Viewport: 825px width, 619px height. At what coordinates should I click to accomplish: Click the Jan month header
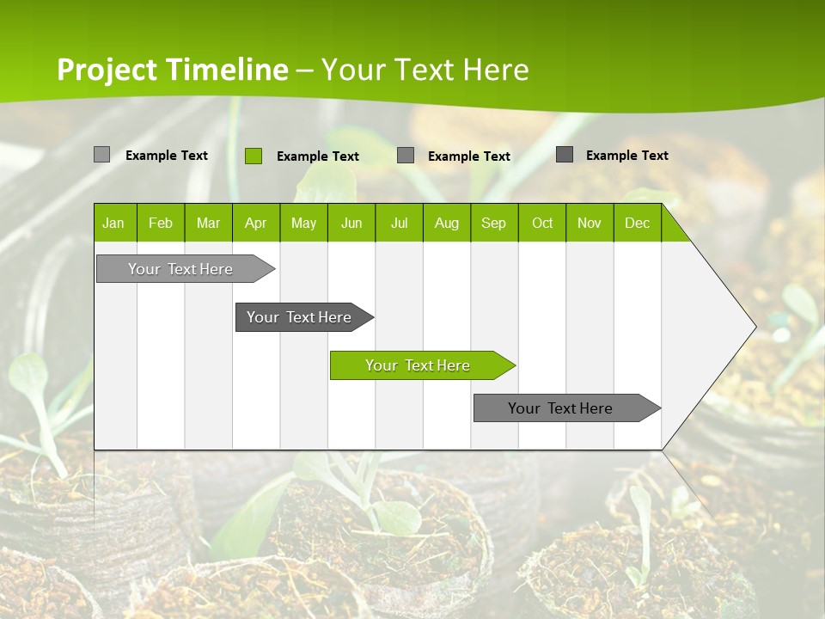point(113,223)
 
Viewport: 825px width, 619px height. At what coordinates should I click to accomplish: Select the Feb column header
point(161,223)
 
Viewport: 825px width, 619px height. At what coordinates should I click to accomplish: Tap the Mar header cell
point(208,223)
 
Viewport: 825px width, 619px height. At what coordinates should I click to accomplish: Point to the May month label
point(303,223)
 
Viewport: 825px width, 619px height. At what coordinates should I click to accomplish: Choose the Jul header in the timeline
point(399,223)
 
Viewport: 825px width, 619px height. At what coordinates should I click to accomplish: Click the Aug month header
point(446,223)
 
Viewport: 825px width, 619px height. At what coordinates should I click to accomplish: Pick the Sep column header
point(493,223)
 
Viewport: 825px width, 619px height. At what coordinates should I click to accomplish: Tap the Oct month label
point(542,223)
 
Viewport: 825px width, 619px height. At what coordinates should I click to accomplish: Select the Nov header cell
point(590,223)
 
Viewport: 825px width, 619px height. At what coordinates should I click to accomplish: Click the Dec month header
point(637,223)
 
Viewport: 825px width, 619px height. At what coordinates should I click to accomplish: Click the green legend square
point(253,156)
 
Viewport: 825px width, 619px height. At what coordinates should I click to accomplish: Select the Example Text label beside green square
point(318,156)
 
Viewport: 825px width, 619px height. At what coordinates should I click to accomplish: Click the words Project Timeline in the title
point(173,70)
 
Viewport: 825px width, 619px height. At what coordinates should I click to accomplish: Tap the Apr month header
point(255,223)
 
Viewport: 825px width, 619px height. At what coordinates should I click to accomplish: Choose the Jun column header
point(351,223)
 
